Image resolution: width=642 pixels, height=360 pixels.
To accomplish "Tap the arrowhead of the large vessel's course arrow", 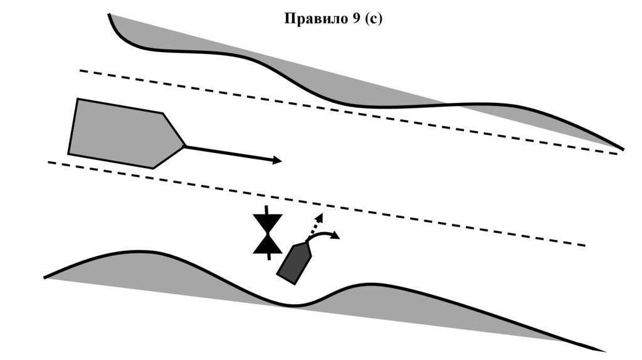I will (277, 161).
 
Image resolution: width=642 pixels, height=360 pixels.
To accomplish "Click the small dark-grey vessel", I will (294, 263).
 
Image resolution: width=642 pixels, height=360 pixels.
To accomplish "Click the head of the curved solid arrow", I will (337, 236).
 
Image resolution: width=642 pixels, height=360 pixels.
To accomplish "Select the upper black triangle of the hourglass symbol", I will (268, 222).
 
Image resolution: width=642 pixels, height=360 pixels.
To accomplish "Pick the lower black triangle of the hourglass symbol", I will (268, 244).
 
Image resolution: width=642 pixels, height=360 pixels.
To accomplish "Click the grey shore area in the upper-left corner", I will (144, 31).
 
